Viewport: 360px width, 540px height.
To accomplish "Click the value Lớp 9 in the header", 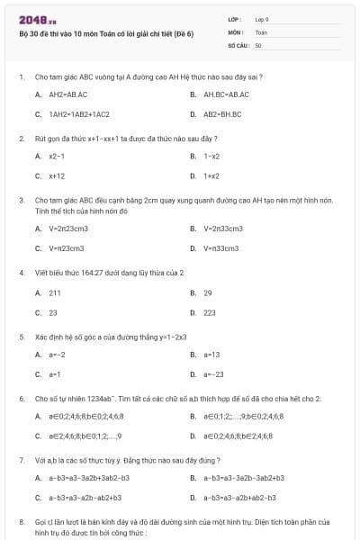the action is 262,18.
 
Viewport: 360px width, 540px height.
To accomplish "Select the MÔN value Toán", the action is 261,31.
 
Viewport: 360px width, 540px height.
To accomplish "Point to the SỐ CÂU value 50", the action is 258,44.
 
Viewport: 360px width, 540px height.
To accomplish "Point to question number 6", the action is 22,398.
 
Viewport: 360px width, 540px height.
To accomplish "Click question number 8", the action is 22,521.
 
